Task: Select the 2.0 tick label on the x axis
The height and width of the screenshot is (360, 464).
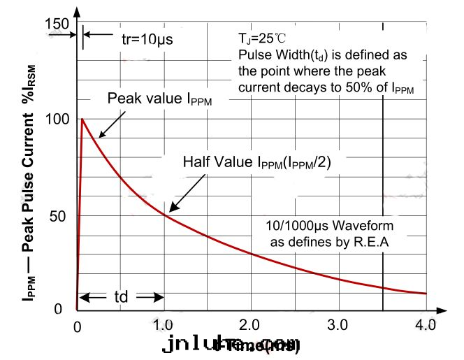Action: point(251,326)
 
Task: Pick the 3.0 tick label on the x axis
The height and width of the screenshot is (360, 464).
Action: point(338,326)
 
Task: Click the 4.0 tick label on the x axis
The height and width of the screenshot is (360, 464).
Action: point(425,326)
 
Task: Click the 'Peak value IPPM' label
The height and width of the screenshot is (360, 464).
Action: point(159,99)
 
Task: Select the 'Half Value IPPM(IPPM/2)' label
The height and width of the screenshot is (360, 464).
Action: point(256,162)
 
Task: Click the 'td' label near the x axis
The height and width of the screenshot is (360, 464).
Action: point(120,297)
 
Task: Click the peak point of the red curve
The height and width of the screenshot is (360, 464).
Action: point(82,119)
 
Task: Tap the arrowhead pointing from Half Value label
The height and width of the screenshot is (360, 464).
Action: point(168,210)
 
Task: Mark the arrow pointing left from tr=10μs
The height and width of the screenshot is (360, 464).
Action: point(91,34)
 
